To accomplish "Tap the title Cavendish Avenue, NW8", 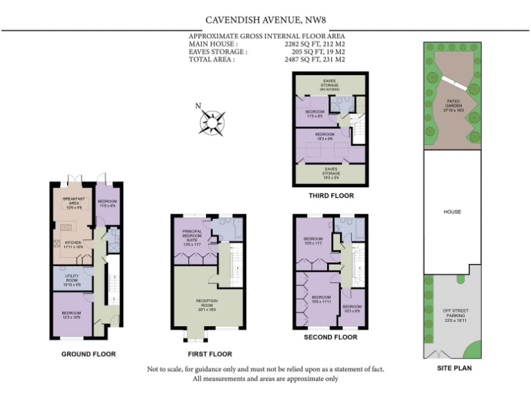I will click(x=265, y=21).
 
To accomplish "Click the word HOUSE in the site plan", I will click(x=451, y=211).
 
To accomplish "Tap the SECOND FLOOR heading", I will click(x=330, y=337).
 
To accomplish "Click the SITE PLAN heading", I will click(x=454, y=368).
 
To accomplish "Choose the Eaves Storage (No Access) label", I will click(x=328, y=85).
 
